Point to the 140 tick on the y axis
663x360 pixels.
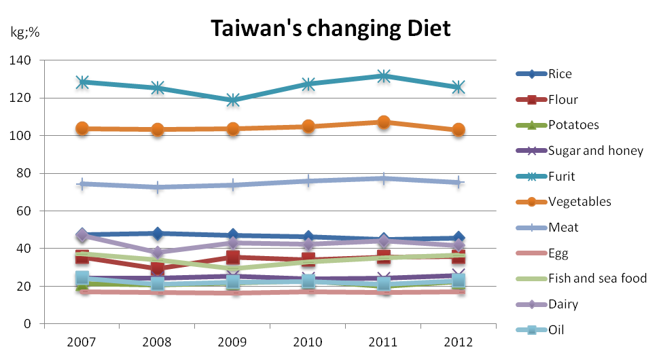[22, 60]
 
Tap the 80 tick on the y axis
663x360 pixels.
[24, 173]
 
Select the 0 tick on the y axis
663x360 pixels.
[27, 323]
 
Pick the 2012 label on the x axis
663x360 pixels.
[458, 341]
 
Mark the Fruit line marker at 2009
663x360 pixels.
[233, 101]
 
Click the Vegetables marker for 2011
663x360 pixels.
[383, 123]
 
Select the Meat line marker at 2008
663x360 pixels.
[158, 187]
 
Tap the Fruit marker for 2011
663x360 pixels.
[383, 76]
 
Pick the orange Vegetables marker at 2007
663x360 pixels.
[83, 128]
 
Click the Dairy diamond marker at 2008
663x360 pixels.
[158, 253]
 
